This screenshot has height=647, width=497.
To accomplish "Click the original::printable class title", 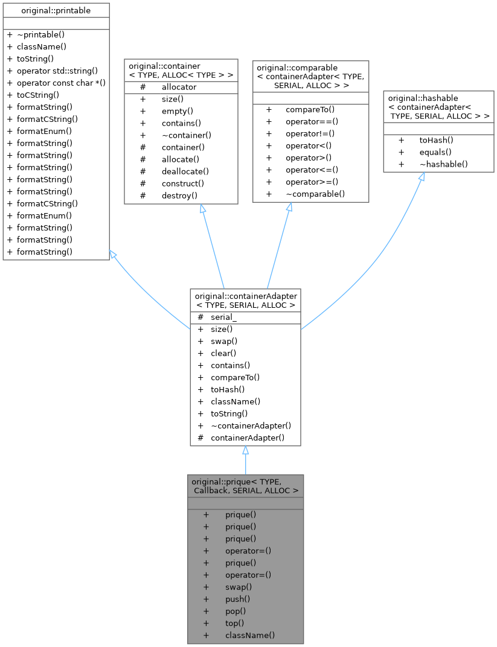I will coord(56,10).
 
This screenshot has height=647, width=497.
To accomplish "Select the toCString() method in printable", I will coord(37,95).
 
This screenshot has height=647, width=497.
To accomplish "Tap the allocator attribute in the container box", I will coord(179,88).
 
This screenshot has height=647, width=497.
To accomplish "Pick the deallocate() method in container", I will coord(185,171).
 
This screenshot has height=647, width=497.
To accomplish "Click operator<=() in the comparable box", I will coord(312,170).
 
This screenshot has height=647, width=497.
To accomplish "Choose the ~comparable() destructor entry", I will coord(315,194).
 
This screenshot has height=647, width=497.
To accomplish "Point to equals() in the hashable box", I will coord(435,152).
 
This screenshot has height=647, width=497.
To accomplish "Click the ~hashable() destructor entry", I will coord(443,164).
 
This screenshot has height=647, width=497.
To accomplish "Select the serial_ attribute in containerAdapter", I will coord(223,317).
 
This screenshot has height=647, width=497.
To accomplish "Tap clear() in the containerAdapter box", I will coord(223,353).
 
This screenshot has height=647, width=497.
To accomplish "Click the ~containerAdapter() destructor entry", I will coord(251,425).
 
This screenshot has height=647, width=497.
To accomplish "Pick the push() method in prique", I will coord(237,599).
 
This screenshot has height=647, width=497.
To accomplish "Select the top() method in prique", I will coord(235,623).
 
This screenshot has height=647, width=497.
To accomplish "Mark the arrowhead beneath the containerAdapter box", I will coord(245,451).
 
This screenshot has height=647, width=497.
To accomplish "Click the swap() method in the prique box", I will coord(239,587).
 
